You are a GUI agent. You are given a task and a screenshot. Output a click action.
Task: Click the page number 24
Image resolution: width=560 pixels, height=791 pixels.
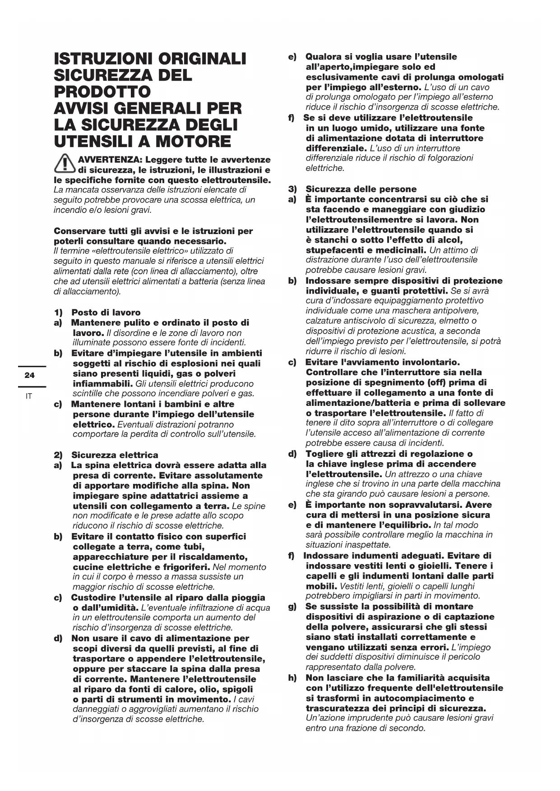(30, 375)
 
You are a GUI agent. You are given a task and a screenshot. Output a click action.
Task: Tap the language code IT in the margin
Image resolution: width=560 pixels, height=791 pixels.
(29, 396)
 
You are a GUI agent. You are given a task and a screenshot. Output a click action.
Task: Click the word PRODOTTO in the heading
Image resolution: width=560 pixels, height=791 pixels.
(102, 92)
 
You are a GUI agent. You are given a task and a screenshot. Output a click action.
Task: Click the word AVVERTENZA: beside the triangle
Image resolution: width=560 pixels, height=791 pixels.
(110, 160)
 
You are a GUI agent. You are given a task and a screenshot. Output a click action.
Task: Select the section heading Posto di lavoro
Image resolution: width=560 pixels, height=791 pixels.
(106, 313)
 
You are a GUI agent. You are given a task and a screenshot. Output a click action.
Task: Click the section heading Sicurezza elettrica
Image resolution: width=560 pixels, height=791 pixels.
(115, 455)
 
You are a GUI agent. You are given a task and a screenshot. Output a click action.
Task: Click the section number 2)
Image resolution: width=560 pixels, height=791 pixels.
(58, 455)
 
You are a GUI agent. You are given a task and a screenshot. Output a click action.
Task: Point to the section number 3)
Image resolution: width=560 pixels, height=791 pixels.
(293, 189)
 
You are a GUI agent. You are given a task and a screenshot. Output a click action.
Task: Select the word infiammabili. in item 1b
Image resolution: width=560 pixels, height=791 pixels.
(102, 384)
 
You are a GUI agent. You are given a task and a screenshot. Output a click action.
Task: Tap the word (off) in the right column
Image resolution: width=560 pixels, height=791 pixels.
(427, 382)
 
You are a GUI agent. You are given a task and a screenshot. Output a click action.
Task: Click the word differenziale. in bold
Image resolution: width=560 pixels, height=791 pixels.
(336, 148)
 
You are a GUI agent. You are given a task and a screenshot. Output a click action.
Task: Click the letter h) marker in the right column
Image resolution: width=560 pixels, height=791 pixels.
(293, 678)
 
